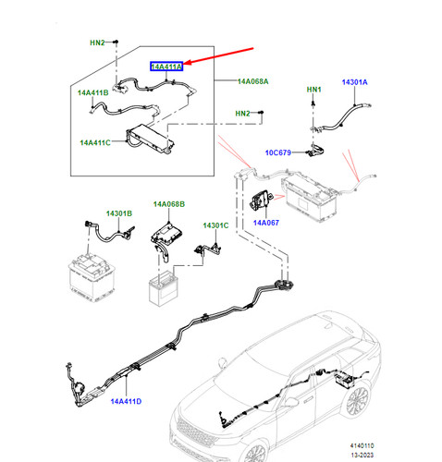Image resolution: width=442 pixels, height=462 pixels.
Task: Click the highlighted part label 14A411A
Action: click(166, 67)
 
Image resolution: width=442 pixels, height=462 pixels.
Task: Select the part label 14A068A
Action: click(252, 81)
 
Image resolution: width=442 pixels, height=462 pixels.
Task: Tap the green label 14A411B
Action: click(92, 92)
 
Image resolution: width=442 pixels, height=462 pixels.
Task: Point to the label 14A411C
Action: click(95, 143)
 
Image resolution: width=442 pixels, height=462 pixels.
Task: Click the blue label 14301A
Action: click(354, 82)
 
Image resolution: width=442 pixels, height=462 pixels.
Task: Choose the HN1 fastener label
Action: click(313, 90)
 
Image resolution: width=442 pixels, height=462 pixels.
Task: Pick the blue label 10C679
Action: click(278, 152)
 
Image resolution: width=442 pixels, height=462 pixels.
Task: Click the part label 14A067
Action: click(266, 223)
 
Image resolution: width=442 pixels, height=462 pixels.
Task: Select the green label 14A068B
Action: click(169, 204)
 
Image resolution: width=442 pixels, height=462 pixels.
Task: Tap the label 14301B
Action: click(119, 213)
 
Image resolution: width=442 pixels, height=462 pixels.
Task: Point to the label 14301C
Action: click(215, 225)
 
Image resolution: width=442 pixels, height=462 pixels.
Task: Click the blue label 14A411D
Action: click(126, 401)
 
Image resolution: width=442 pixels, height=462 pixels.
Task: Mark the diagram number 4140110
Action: click(362, 445)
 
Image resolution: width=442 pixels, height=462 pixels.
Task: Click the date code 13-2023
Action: click(362, 455)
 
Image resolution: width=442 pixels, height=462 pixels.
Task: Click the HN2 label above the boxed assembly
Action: click(97, 43)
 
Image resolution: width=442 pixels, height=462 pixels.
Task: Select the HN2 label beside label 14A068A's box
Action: click(242, 114)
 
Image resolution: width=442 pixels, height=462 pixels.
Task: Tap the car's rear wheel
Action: click(358, 401)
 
